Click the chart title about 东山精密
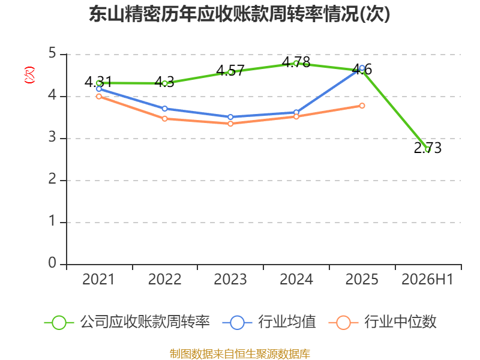pyautogui.click(x=239, y=14)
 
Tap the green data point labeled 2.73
pyautogui.click(x=428, y=149)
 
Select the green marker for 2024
pyautogui.click(x=296, y=64)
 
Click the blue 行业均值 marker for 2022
pyautogui.click(x=164, y=109)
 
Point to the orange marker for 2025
pyautogui.click(x=362, y=106)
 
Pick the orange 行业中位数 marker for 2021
pyautogui.click(x=99, y=97)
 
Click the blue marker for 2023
pyautogui.click(x=230, y=117)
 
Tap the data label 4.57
pyautogui.click(x=230, y=71)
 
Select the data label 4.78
pyautogui.click(x=296, y=62)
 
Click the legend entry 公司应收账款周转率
pyautogui.click(x=127, y=322)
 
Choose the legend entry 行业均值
pyautogui.click(x=269, y=322)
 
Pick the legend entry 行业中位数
pyautogui.click(x=382, y=322)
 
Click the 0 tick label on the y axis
pyautogui.click(x=52, y=263)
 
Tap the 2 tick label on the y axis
pyautogui.click(x=52, y=179)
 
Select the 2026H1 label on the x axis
pyautogui.click(x=427, y=280)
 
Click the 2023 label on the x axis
pyautogui.click(x=230, y=280)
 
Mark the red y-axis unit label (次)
pyautogui.click(x=29, y=75)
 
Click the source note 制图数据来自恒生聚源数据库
pyautogui.click(x=240, y=354)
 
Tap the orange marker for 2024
pyautogui.click(x=296, y=116)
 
